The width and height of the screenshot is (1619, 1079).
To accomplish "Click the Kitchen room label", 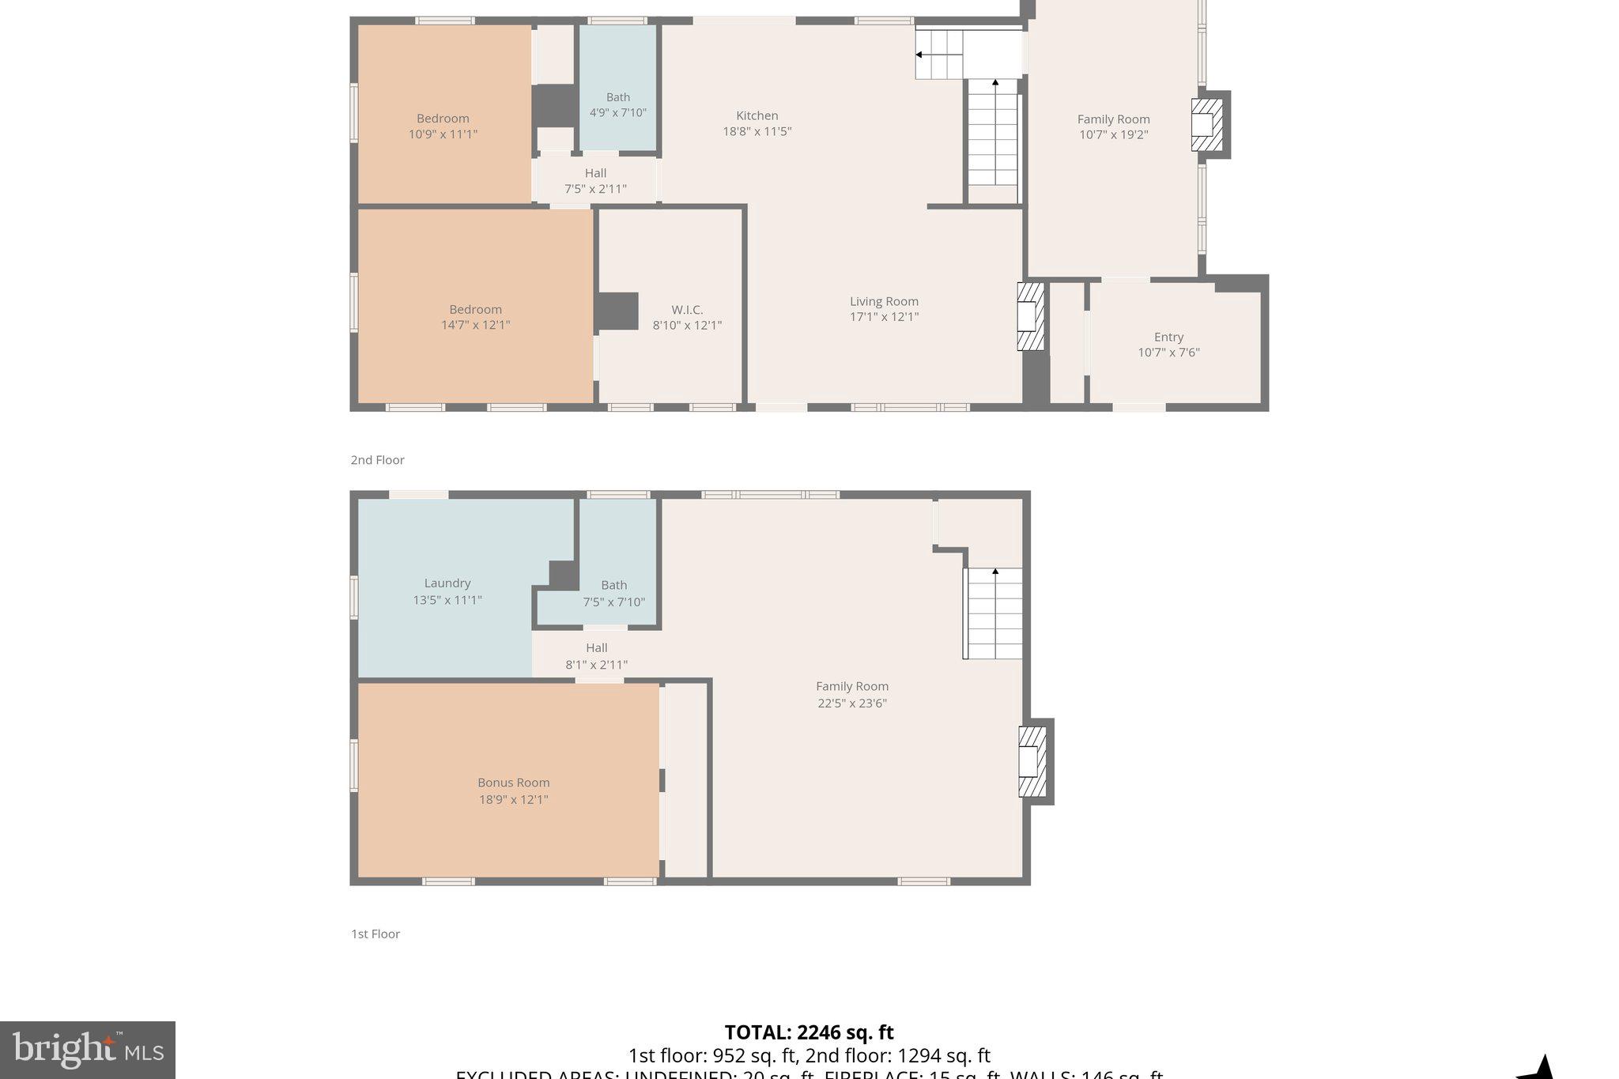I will pyautogui.click(x=757, y=116).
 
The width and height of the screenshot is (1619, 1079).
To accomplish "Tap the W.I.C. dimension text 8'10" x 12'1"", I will pyautogui.click(x=686, y=325).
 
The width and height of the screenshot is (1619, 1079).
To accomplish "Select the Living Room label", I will pyautogui.click(x=883, y=301).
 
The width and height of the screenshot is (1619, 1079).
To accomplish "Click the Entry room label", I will pyautogui.click(x=1168, y=337).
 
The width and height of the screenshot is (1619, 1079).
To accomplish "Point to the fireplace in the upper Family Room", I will pyautogui.click(x=1206, y=125).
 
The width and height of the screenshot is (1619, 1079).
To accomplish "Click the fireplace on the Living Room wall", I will pyautogui.click(x=1029, y=316).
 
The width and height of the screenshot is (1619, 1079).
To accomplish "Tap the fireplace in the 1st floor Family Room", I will pyautogui.click(x=1032, y=761).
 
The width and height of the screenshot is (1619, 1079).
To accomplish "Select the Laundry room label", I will pyautogui.click(x=447, y=583).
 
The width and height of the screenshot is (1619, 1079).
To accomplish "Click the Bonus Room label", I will pyautogui.click(x=513, y=783).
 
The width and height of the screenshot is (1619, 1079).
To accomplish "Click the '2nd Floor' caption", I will pyautogui.click(x=377, y=460).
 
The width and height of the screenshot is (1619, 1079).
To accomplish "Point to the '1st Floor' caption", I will pyautogui.click(x=376, y=934).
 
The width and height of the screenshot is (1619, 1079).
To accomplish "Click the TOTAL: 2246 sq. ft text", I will pyautogui.click(x=809, y=1032).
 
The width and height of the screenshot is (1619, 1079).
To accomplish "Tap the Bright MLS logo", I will pyautogui.click(x=88, y=1050).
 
